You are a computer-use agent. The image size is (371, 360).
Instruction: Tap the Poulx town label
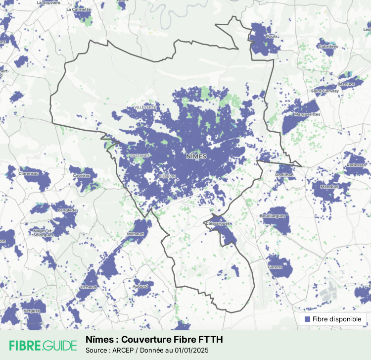(271, 36)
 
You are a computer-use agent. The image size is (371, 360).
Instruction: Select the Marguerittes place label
(307, 114)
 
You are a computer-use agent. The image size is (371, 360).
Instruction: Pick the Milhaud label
(135, 234)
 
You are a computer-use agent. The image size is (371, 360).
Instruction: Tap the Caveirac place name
(82, 176)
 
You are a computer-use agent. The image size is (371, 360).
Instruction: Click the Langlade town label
(68, 210)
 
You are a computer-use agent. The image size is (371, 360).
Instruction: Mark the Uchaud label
(89, 287)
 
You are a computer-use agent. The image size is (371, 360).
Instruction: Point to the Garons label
(275, 267)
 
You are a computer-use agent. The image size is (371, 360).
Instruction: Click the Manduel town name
(329, 187)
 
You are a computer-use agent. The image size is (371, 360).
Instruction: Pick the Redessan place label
(357, 165)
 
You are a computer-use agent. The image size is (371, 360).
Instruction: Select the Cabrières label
(328, 47)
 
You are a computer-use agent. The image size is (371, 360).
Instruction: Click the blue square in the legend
(308, 319)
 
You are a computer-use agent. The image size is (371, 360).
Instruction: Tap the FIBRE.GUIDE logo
(43, 345)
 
